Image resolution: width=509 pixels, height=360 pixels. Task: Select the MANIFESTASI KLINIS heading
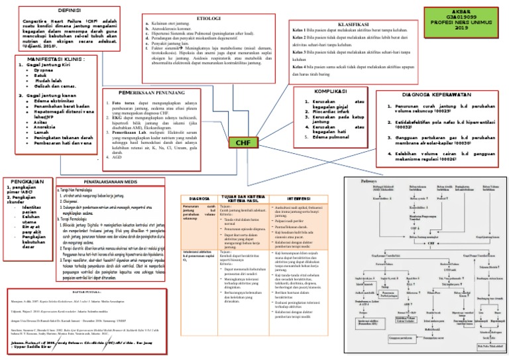47,59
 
